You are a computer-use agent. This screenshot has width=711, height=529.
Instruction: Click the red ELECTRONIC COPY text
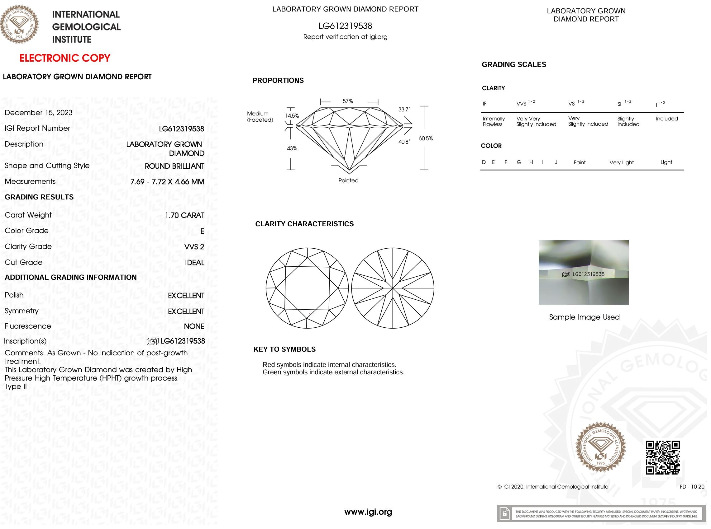click(65, 58)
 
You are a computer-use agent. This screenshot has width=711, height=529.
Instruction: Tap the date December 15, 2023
click(38, 113)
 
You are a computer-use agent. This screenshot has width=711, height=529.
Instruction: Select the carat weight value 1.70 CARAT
click(184, 215)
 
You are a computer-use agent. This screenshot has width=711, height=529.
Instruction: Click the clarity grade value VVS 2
click(194, 246)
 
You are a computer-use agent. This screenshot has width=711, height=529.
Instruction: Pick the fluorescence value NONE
click(194, 326)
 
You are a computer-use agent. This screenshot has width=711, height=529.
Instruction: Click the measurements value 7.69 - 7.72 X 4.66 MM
click(167, 181)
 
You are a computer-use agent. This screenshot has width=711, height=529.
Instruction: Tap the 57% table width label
click(347, 101)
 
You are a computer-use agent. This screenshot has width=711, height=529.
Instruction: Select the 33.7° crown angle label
click(404, 110)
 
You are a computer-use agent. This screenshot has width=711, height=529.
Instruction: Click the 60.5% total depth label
click(425, 139)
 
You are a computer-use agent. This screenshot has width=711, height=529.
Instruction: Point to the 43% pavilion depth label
click(292, 148)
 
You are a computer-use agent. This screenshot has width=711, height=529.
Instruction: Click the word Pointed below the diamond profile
click(348, 180)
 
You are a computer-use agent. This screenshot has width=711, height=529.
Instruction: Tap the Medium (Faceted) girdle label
click(260, 117)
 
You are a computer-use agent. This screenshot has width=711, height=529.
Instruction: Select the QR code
click(663, 457)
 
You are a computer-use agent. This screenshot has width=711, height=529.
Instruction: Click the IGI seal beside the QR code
click(600, 447)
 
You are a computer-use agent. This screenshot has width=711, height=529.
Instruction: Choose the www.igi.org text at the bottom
click(368, 512)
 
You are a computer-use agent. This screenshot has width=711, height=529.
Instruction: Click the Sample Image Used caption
click(584, 317)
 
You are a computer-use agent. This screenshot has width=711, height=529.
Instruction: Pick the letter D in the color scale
click(484, 162)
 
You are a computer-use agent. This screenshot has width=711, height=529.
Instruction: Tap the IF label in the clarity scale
click(484, 104)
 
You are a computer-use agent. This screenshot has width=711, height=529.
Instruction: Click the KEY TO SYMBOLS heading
click(284, 349)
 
